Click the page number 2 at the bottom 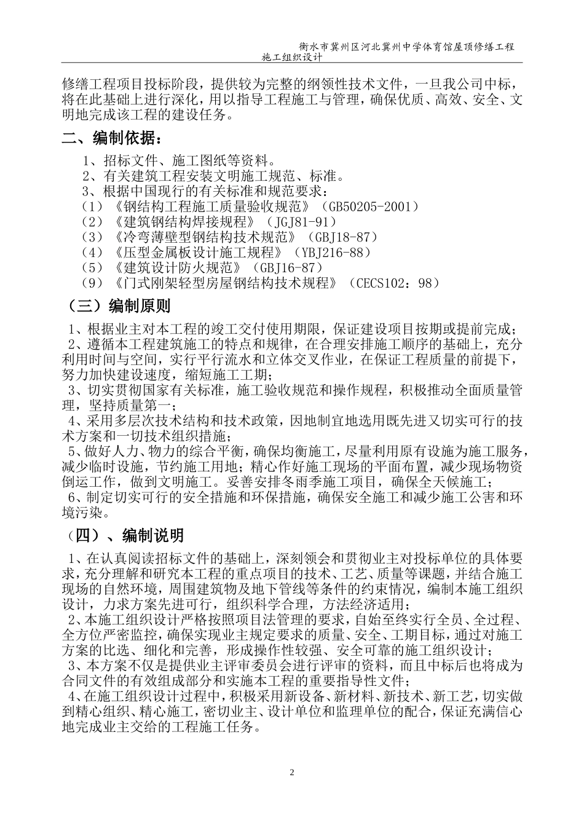pos(292,772)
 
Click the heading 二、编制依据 pos(113,138)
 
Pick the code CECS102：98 pos(393,283)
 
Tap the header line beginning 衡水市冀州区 pos(406,46)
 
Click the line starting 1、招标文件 pos(178,161)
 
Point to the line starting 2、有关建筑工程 pos(213,176)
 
